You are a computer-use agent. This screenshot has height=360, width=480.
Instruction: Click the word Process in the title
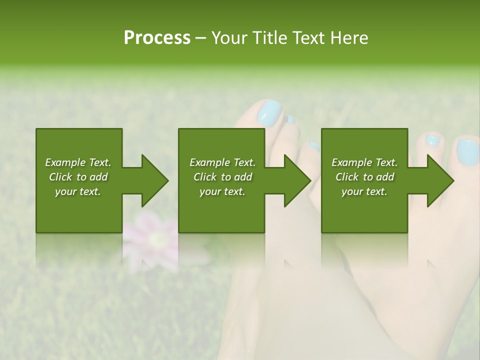point(157,37)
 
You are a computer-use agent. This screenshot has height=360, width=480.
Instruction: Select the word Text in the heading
point(309,37)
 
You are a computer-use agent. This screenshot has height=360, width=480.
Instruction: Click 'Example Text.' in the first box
point(78,162)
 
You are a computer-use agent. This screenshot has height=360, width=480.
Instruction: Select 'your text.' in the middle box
point(222,191)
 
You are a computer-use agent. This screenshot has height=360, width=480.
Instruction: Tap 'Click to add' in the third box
point(364,177)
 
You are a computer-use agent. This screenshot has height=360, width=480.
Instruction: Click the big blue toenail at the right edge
point(467,152)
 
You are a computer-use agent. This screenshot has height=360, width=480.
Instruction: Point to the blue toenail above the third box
point(432,140)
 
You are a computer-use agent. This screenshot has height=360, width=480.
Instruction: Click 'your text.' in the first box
point(78,191)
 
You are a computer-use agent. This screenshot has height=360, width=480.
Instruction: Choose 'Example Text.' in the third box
point(364,162)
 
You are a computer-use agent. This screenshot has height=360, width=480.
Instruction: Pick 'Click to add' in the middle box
point(222,177)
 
